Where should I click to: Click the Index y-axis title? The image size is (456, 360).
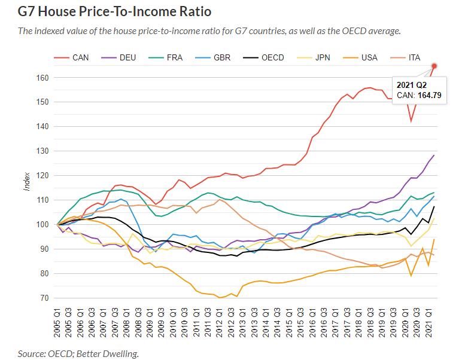tap(27, 181)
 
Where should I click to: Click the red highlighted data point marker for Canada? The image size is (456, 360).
tap(434, 66)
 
